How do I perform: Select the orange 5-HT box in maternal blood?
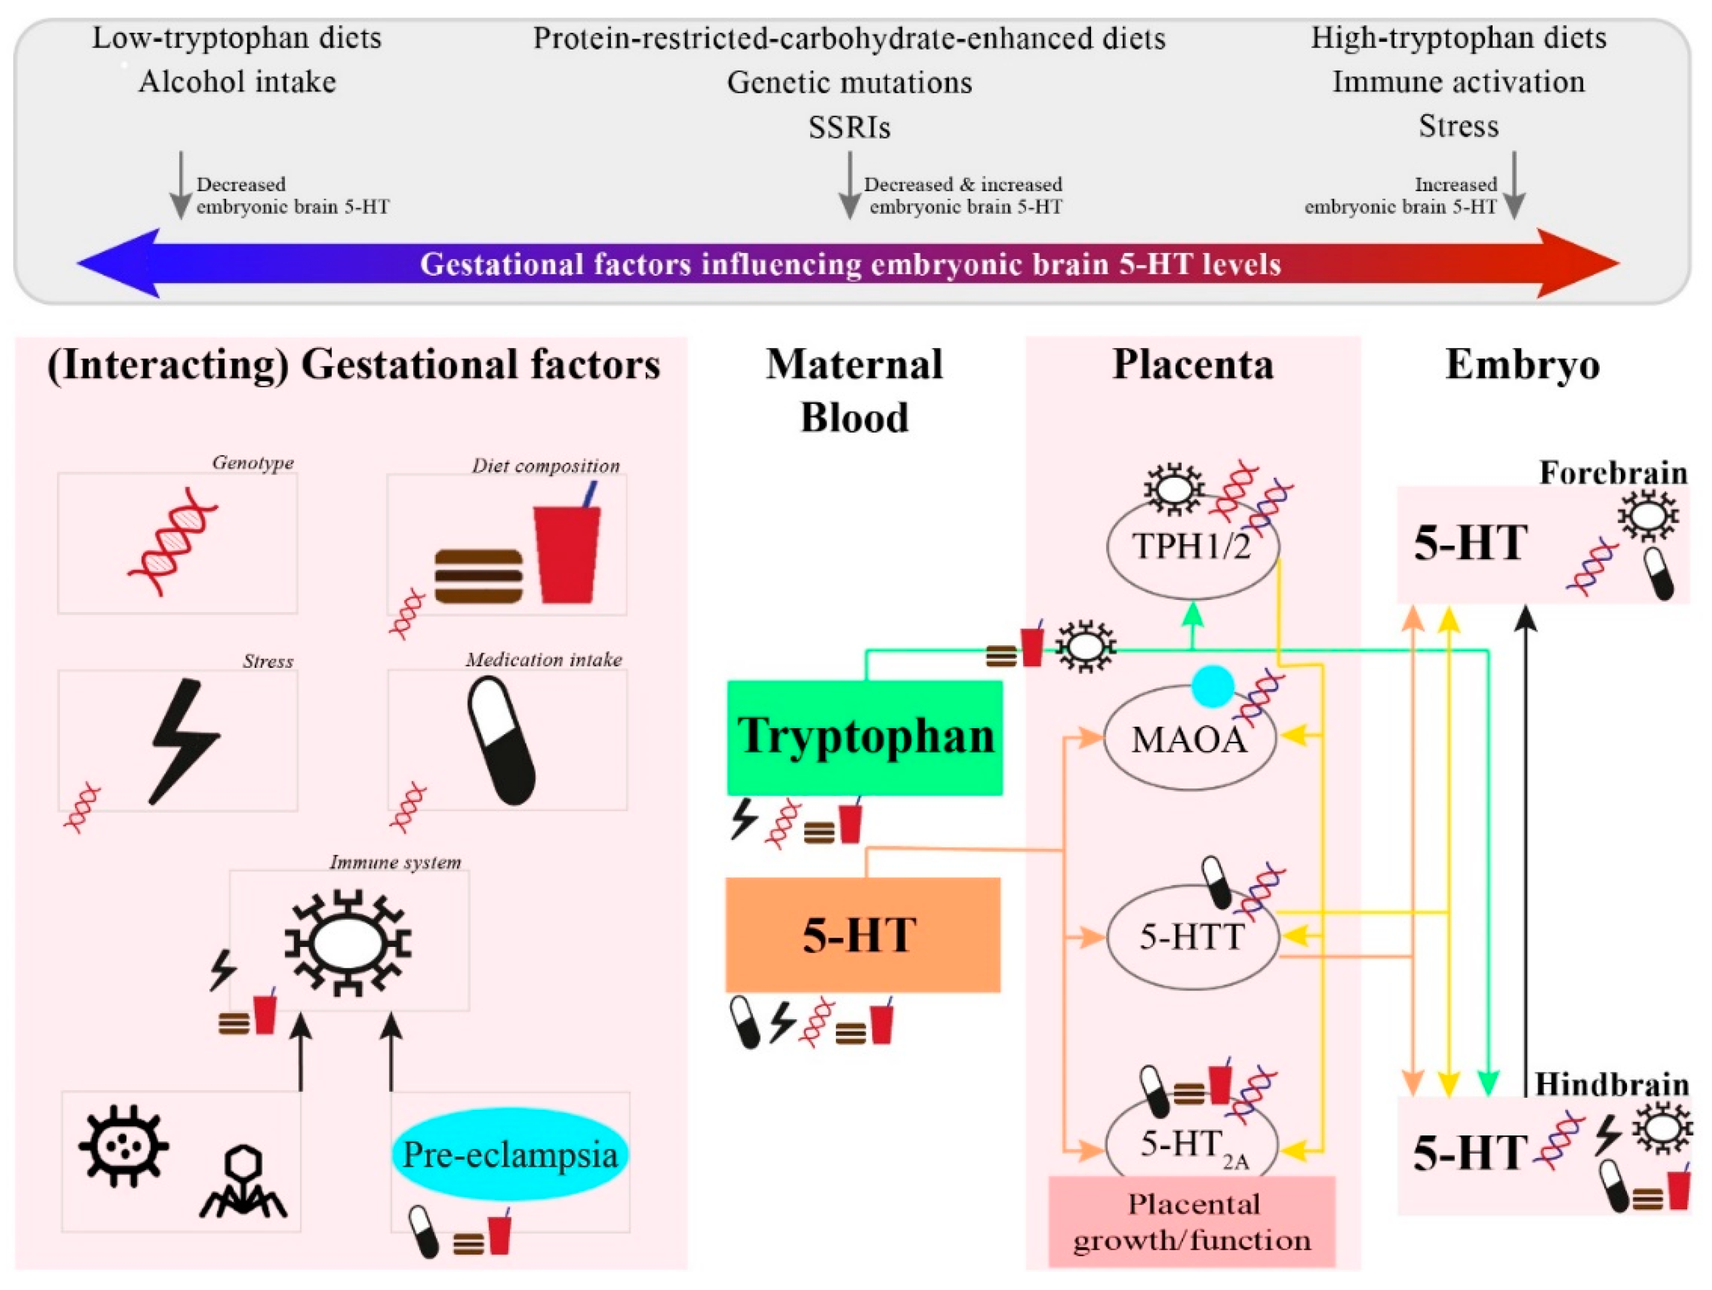[862, 935]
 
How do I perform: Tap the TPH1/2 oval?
[1192, 546]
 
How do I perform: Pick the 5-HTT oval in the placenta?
[1192, 937]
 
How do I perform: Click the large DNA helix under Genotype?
[172, 542]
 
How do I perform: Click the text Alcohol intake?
[237, 81]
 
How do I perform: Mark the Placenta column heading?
[1192, 365]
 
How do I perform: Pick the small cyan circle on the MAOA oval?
[1212, 686]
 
